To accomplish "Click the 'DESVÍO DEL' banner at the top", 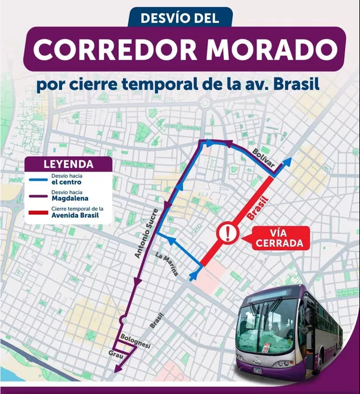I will point(179,18).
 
